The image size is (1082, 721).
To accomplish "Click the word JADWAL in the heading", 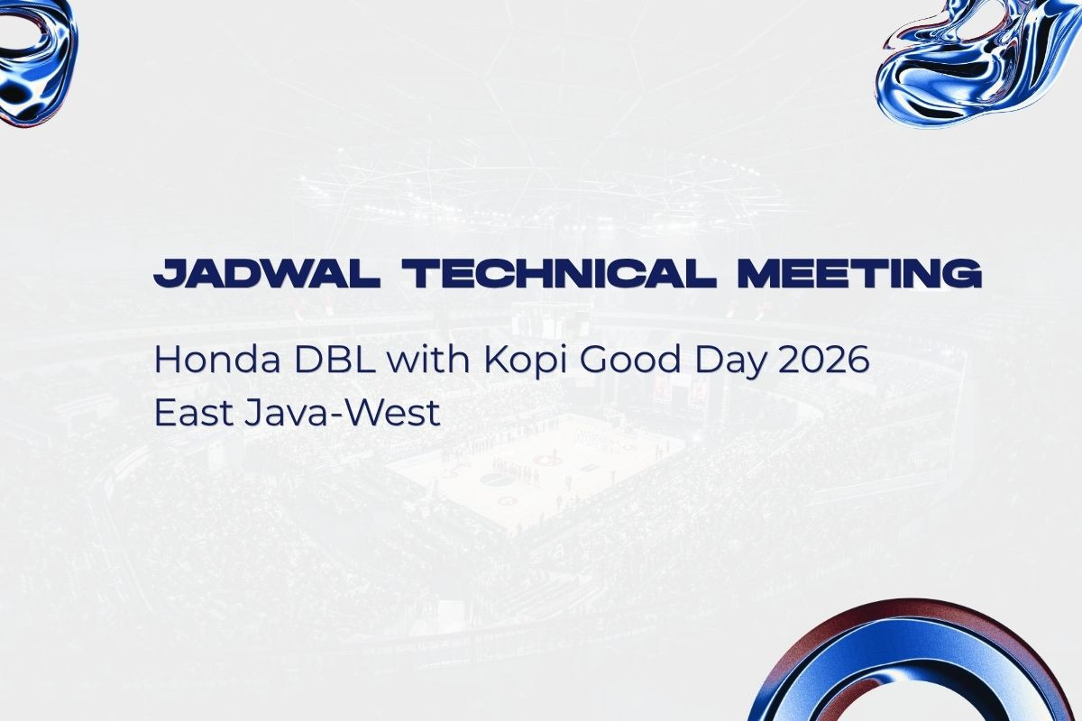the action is click(266, 273).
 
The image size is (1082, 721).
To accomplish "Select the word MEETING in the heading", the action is click(860, 273).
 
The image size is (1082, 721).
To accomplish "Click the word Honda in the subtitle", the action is click(217, 360).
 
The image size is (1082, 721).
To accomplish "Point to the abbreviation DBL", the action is click(335, 360).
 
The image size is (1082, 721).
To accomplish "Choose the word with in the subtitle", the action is click(429, 360).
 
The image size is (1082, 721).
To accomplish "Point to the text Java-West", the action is click(343, 413).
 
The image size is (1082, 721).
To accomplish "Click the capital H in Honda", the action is click(167, 360).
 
